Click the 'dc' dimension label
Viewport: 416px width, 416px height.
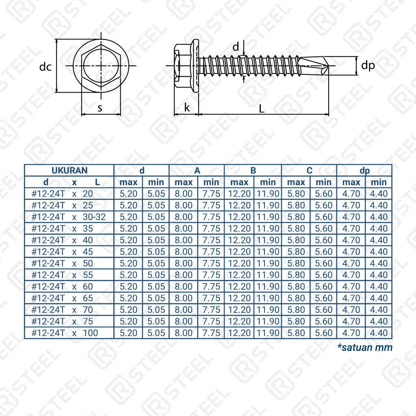(45, 67)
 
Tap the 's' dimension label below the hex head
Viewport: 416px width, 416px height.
(100, 108)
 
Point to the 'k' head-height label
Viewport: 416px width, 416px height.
(186, 108)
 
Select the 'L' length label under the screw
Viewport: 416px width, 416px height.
(262, 108)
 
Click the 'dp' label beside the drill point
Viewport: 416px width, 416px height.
(368, 65)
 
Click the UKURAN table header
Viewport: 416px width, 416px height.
(69, 171)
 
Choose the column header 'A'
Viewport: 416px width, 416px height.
(197, 171)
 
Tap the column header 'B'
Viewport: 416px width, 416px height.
(253, 171)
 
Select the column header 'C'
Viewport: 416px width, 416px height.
(310, 171)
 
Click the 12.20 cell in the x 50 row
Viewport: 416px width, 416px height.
(240, 263)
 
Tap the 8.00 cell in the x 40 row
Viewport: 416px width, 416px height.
(184, 240)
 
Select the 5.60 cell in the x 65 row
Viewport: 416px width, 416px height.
(324, 298)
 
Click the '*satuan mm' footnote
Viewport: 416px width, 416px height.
(365, 348)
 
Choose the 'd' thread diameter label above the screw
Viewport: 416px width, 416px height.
(236, 47)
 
